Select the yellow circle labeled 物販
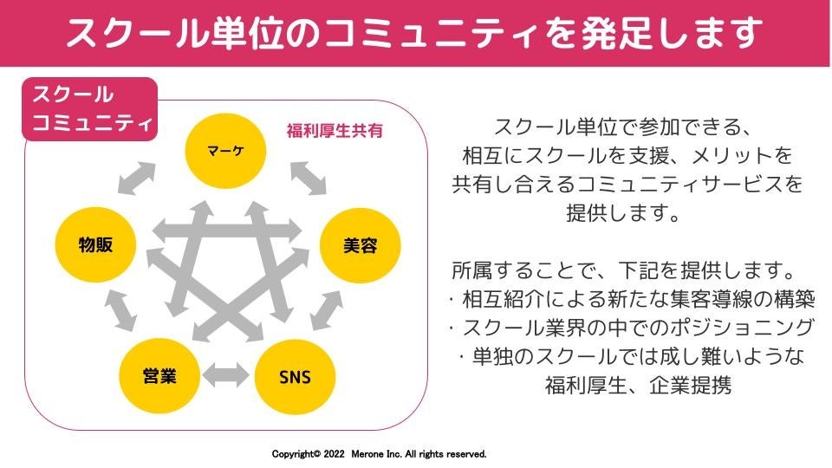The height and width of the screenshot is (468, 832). [95, 245]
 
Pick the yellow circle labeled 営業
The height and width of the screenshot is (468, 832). [160, 376]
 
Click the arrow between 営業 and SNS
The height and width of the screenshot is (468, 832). [226, 376]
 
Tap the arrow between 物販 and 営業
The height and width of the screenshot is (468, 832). [120, 309]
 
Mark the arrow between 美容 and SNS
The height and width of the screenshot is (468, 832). [324, 309]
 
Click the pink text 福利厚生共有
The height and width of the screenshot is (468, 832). [335, 132]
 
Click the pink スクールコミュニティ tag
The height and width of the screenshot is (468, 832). [89, 108]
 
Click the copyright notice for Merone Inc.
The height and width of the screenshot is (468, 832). [379, 454]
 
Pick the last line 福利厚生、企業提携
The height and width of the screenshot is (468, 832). [638, 385]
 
